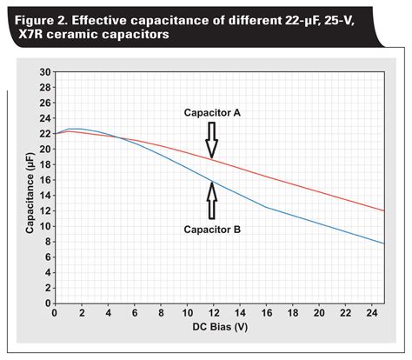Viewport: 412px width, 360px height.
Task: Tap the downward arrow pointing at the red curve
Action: [x=211, y=139]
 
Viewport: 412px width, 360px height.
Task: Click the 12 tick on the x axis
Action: [x=212, y=313]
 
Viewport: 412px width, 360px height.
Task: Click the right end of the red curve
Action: [x=383, y=210]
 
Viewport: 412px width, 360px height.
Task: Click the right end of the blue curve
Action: [x=383, y=243]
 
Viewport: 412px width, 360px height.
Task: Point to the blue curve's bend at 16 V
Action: [x=265, y=207]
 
